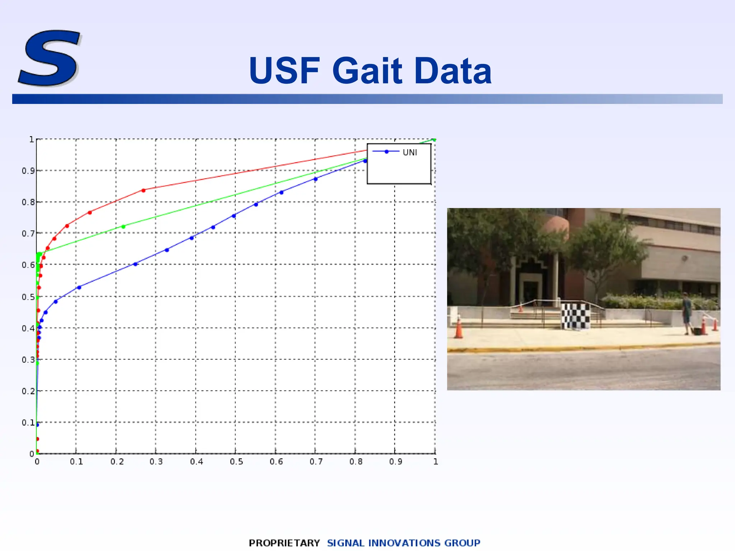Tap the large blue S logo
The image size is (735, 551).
coord(50,58)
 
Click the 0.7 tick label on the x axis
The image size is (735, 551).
coord(316,462)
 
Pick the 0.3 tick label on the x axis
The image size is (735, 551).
coord(156,462)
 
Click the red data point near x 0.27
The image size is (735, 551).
coord(144,190)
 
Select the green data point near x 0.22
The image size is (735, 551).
coord(123,227)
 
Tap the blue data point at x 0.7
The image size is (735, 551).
coord(315,179)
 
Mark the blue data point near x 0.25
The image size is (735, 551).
coord(135,264)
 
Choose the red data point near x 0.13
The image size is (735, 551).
coord(90,213)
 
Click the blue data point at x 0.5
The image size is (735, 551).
coord(234,216)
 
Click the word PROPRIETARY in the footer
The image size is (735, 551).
coord(284,543)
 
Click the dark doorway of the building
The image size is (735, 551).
coord(530,291)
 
